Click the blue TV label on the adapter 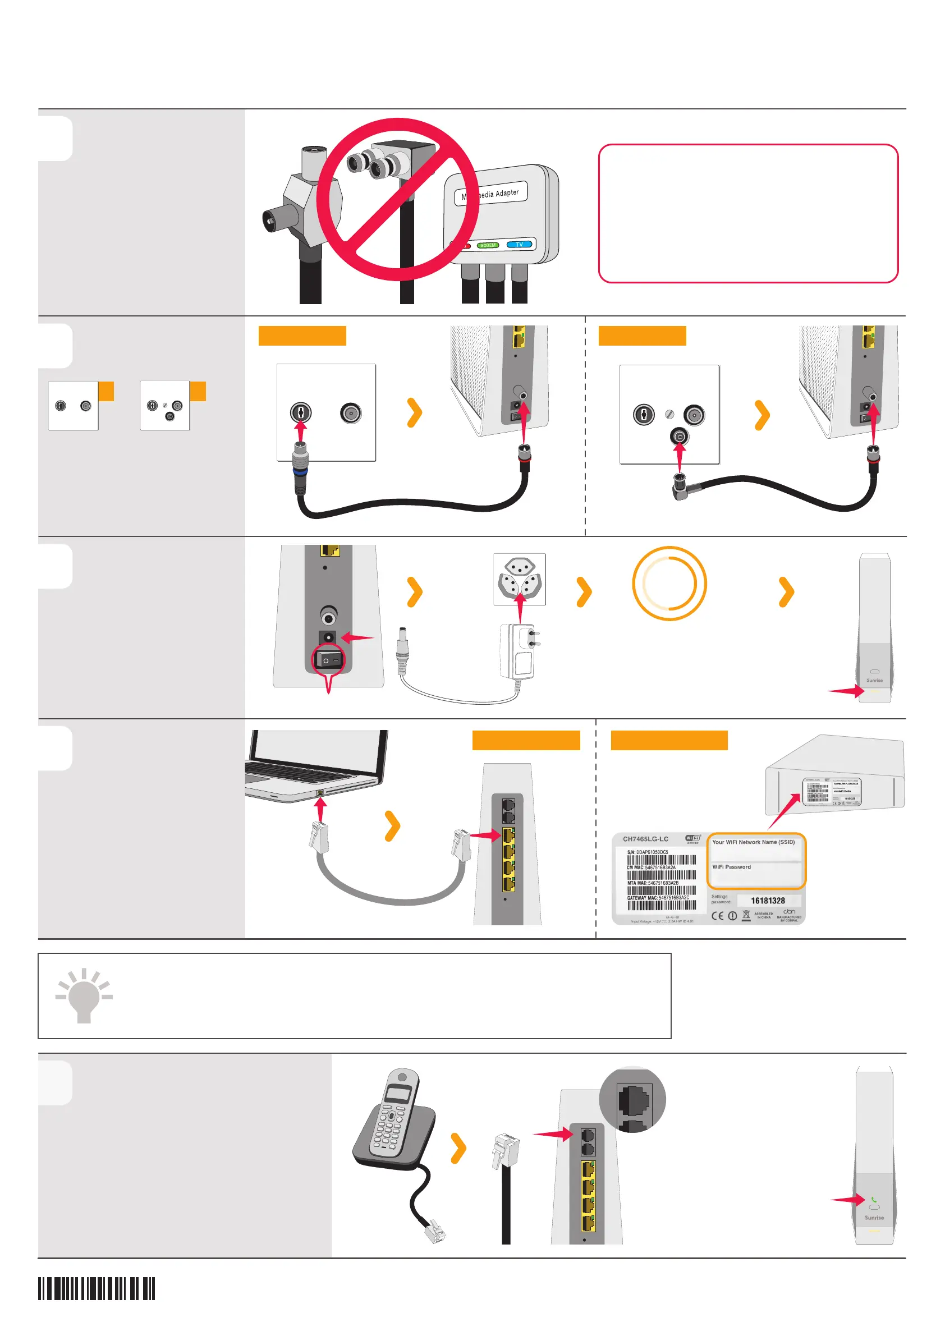tap(519, 245)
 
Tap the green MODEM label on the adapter tap(488, 245)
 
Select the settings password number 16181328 tap(768, 900)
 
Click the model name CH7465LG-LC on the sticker tap(645, 838)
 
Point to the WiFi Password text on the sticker tap(731, 866)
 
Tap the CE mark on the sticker tap(718, 915)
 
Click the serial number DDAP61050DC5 tap(651, 852)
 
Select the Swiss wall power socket tap(519, 579)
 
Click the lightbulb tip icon tap(84, 997)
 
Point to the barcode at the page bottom tap(97, 1288)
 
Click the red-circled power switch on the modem tap(329, 660)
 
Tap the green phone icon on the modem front tap(873, 1199)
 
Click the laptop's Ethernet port tap(320, 792)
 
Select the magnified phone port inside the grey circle tap(634, 1099)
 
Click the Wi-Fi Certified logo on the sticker tap(692, 838)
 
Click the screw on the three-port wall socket tap(668, 414)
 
